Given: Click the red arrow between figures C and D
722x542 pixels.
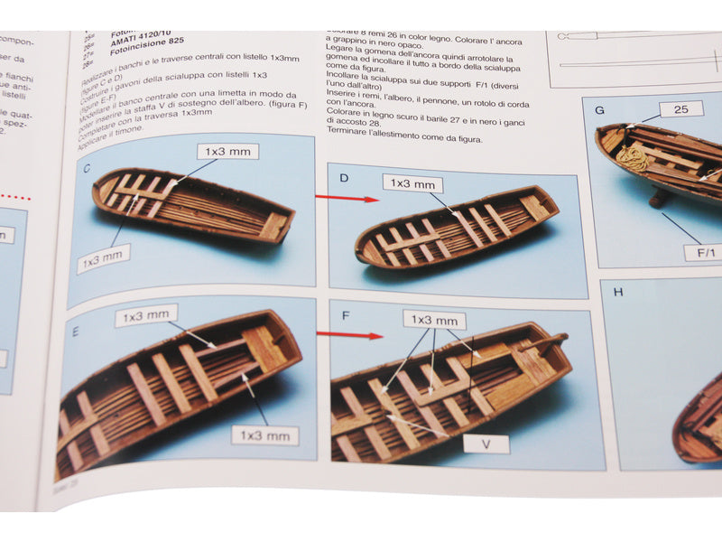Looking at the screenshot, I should click(347, 197).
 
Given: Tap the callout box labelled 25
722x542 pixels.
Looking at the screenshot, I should click(680, 110).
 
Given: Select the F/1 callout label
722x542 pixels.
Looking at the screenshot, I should click(703, 254).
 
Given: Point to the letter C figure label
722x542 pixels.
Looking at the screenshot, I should click(87, 168).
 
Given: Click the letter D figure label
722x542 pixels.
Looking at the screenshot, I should click(344, 177).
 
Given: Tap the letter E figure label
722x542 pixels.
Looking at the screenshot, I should click(75, 331).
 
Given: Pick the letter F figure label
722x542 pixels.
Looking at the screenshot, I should click(346, 316).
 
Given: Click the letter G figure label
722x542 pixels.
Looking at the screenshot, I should click(599, 111).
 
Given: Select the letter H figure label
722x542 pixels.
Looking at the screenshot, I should click(618, 292).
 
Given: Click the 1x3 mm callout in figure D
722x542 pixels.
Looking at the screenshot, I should click(412, 184).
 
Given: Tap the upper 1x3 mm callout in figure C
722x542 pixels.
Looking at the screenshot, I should click(227, 152).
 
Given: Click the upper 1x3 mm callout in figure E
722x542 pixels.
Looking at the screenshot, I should click(146, 317).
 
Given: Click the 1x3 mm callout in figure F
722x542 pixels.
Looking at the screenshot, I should click(434, 321).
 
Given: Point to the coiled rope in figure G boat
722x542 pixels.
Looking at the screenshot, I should click(631, 159).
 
